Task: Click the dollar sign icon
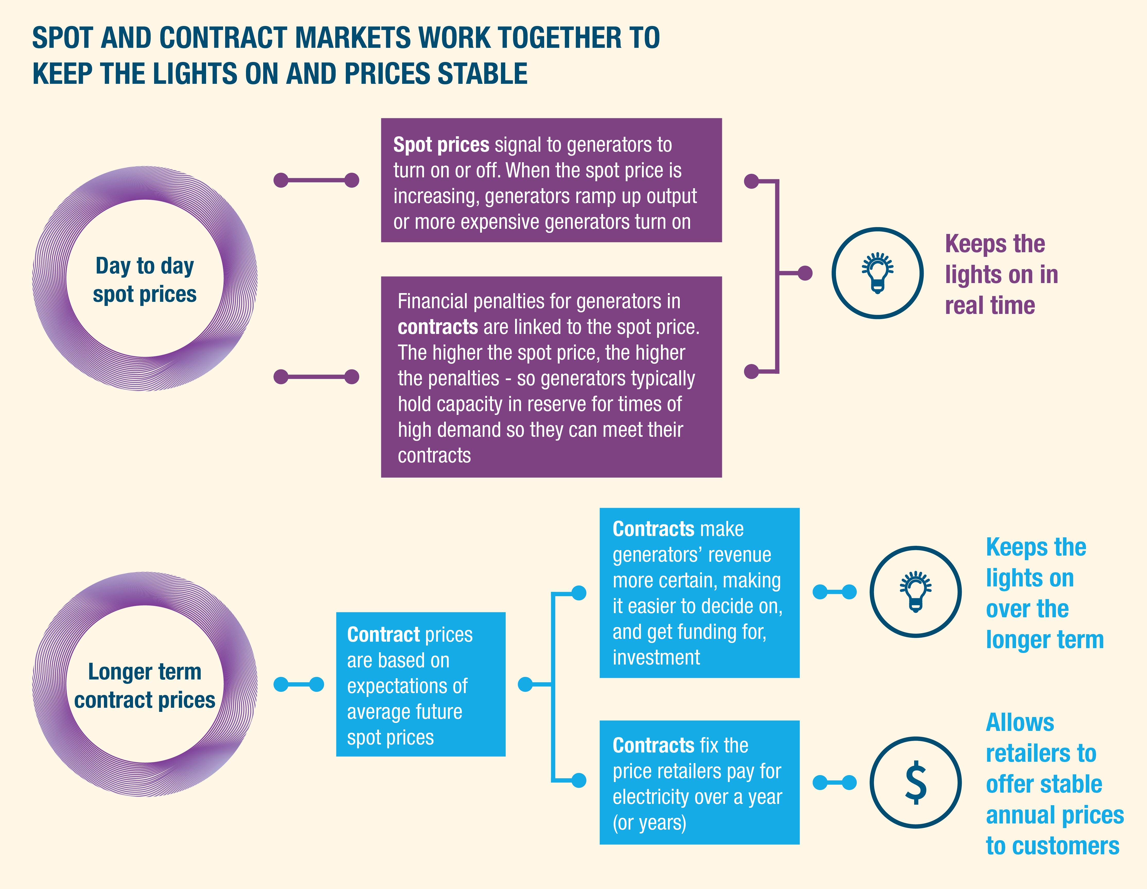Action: coord(915,783)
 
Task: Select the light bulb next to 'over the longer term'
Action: coord(915,592)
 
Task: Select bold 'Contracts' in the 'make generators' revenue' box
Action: coord(653,529)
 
